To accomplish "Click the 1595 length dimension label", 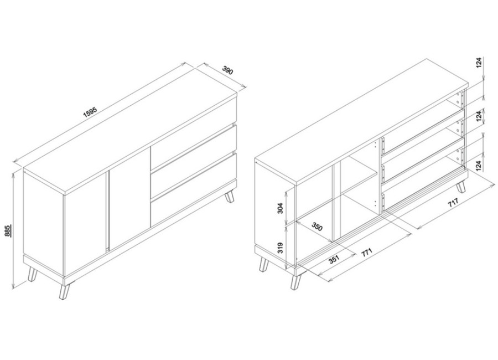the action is pyautogui.click(x=90, y=112).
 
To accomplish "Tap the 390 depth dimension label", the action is pyautogui.click(x=228, y=70).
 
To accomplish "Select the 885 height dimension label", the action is pyautogui.click(x=8, y=230).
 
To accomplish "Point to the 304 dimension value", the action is pyautogui.click(x=280, y=208).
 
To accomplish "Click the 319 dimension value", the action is pyautogui.click(x=280, y=248).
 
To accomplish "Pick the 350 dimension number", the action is pyautogui.click(x=317, y=227).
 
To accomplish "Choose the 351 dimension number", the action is pyautogui.click(x=334, y=259).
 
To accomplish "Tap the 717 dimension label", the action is pyautogui.click(x=453, y=203).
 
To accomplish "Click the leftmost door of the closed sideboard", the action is pyautogui.click(x=85, y=223).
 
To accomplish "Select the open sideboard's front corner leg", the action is pyautogui.click(x=295, y=282).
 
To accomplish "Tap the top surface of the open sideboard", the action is pyautogui.click(x=362, y=121).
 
